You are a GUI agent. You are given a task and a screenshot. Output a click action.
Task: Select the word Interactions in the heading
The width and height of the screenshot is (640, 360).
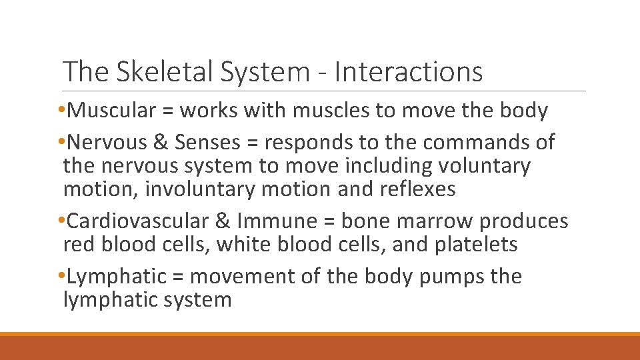point(409,71)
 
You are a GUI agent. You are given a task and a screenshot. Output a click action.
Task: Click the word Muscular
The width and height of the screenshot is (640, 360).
point(111,111)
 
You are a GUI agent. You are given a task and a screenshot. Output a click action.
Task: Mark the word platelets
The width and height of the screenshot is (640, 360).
point(476,245)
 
